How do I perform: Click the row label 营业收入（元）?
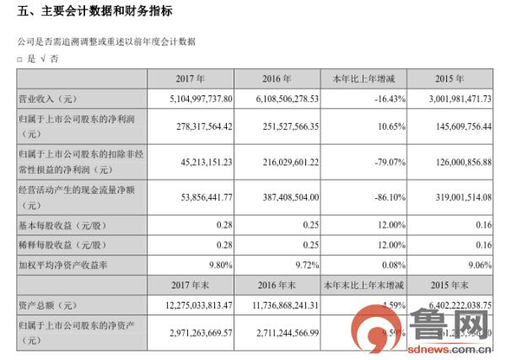pyautogui.click(x=50, y=99)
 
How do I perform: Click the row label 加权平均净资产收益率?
pyautogui.click(x=67, y=261)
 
